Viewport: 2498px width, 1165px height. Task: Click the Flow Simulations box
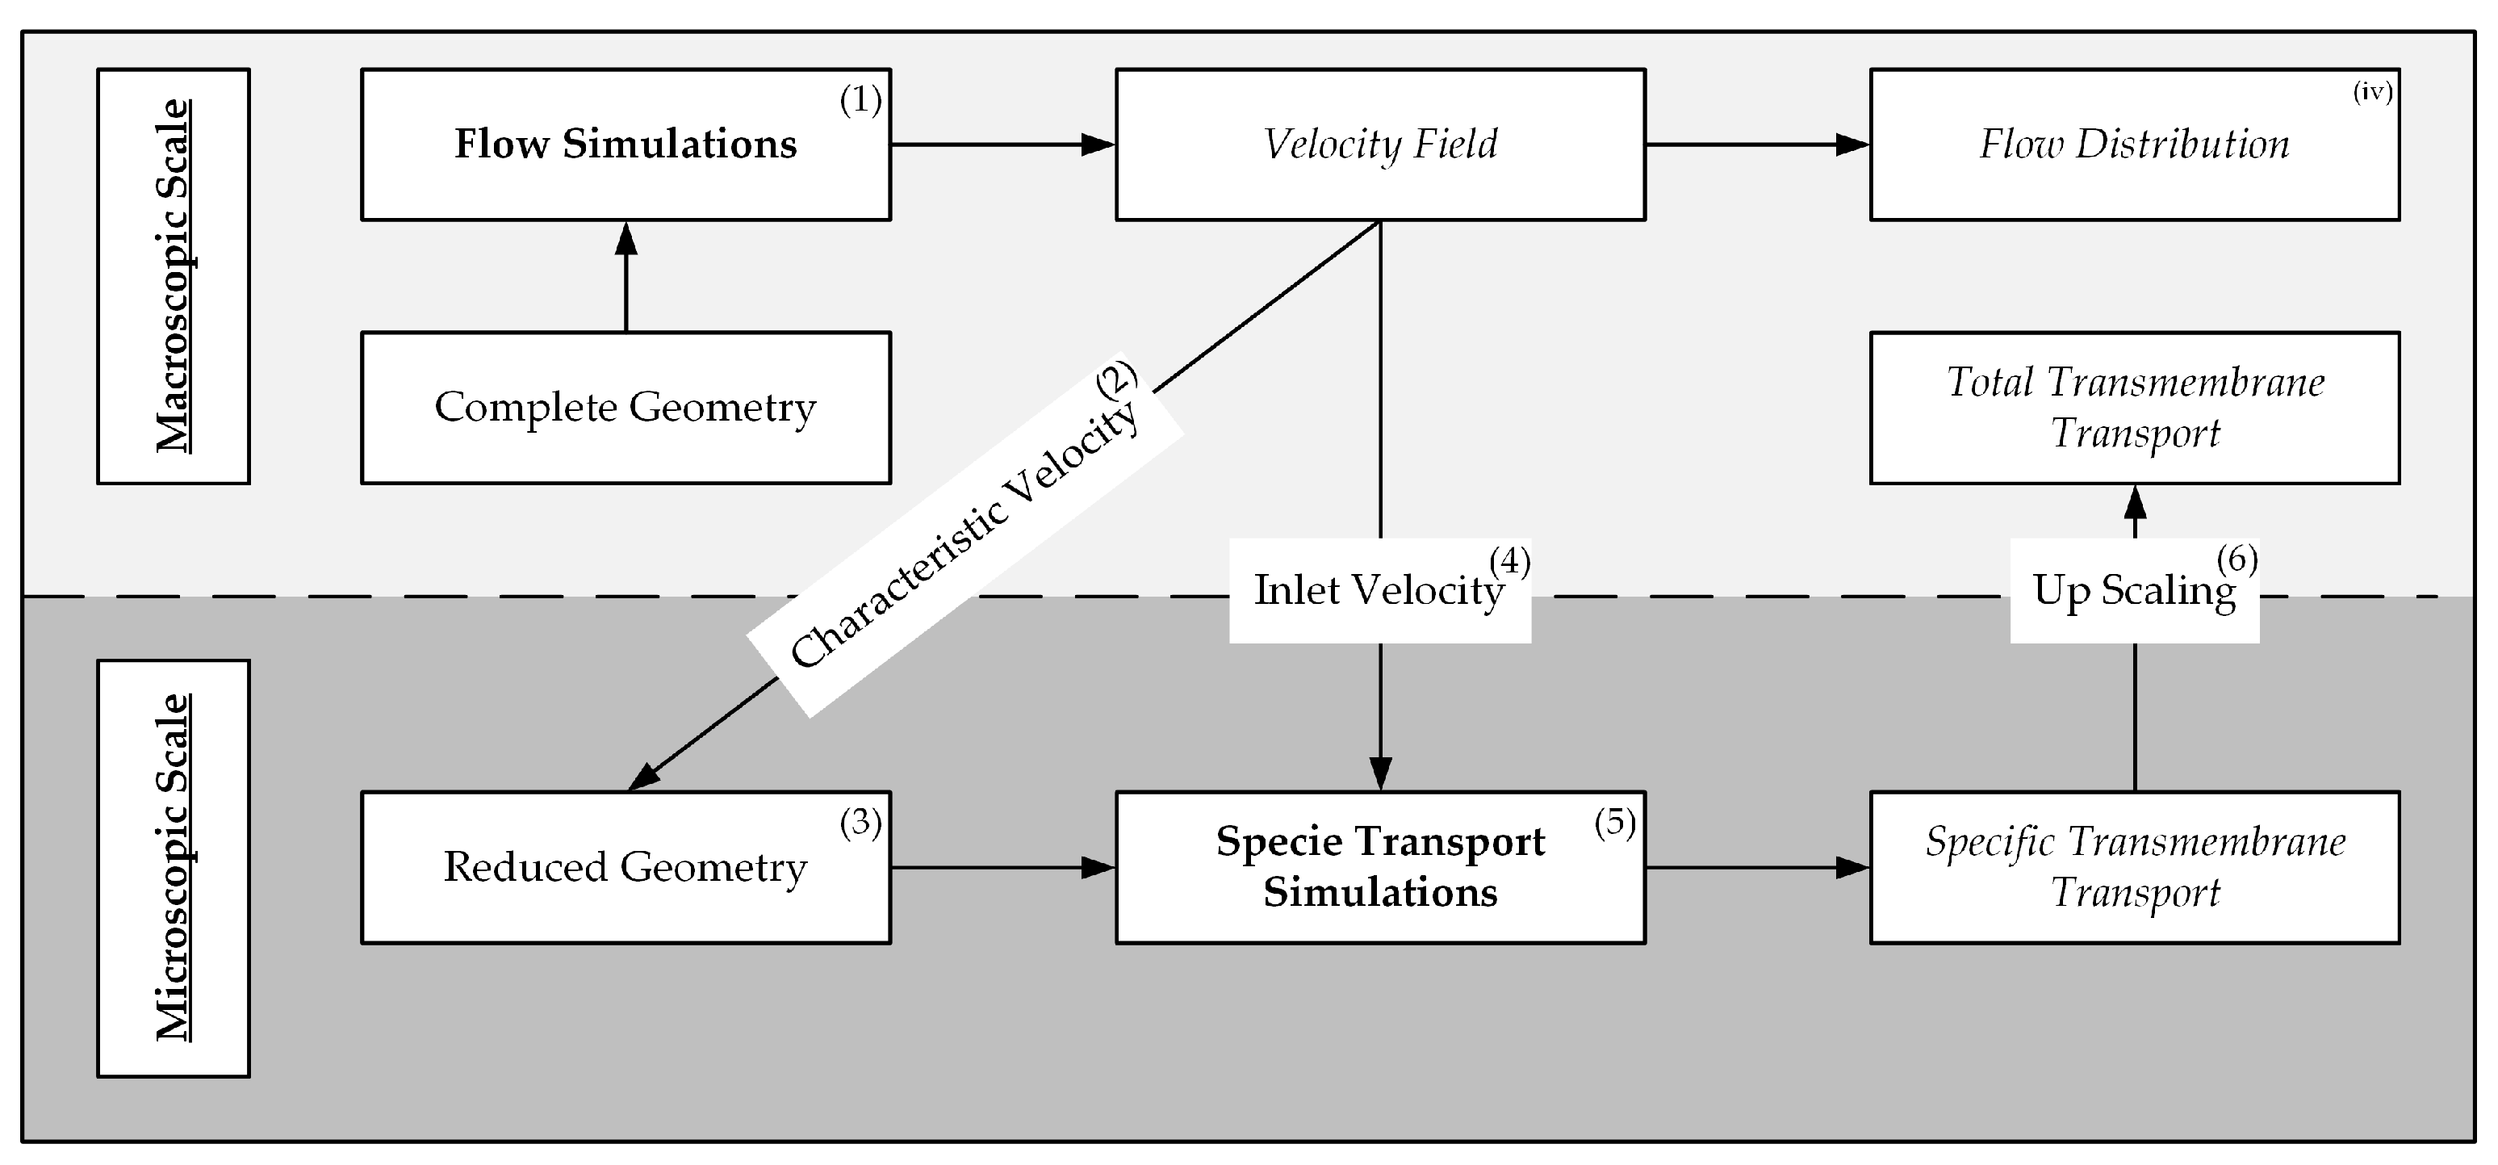pyautogui.click(x=626, y=145)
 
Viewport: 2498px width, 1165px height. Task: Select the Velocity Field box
pyautogui.click(x=1380, y=145)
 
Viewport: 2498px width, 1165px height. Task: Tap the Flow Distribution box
pyautogui.click(x=2134, y=145)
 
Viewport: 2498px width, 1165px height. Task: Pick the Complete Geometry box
pyautogui.click(x=626, y=408)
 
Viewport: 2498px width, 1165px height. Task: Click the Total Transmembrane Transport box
pyautogui.click(x=2134, y=408)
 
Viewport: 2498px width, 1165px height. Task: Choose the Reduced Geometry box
pyautogui.click(x=626, y=867)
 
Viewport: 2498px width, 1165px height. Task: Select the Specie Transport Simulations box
pyautogui.click(x=1380, y=867)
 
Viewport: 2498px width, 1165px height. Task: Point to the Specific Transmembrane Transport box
pyautogui.click(x=2134, y=867)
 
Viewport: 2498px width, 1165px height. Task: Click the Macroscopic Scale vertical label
pyautogui.click(x=174, y=275)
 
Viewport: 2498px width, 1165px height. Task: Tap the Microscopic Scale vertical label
pyautogui.click(x=174, y=868)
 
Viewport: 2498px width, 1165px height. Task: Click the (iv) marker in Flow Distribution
pyautogui.click(x=2373, y=92)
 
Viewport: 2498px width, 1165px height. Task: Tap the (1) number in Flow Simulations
pyautogui.click(x=860, y=100)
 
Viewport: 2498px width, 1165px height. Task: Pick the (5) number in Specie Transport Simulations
pyautogui.click(x=1614, y=823)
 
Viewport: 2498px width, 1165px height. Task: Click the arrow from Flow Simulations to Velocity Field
pyautogui.click(x=1002, y=145)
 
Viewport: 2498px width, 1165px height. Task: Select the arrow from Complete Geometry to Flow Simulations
pyautogui.click(x=626, y=276)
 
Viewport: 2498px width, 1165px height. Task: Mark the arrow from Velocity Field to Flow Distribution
pyautogui.click(x=1757, y=145)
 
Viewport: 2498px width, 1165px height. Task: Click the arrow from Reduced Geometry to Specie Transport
pyautogui.click(x=1002, y=867)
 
